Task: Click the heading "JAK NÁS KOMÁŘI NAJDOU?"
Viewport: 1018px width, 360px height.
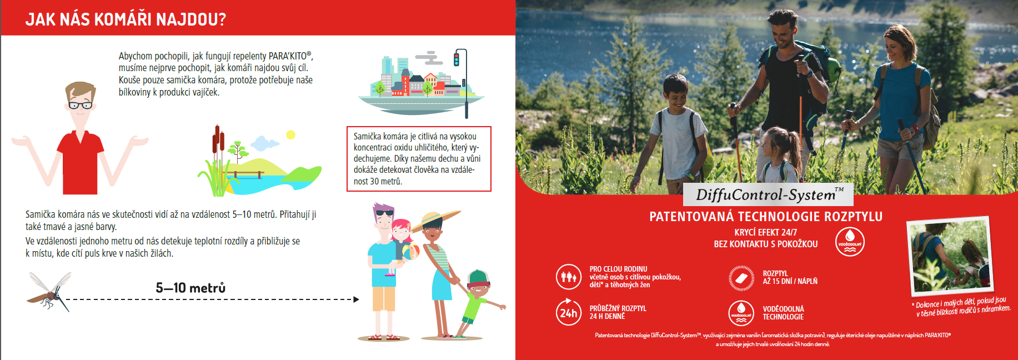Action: pos(126,19)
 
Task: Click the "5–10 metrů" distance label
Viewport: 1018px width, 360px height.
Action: pos(190,288)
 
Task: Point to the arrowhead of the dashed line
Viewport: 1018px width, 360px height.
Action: pos(356,299)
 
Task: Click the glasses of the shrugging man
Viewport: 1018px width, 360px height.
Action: pos(81,105)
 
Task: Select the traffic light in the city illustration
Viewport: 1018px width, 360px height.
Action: pos(457,58)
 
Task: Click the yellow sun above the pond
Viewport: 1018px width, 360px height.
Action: pos(290,134)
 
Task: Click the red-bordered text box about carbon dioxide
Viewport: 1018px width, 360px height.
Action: pos(419,159)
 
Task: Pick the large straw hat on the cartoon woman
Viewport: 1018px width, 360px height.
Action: pos(436,220)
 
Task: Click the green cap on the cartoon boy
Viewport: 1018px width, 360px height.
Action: pos(478,277)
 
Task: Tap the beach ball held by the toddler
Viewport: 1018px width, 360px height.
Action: pos(410,252)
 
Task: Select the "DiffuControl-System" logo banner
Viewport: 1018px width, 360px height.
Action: pos(768,194)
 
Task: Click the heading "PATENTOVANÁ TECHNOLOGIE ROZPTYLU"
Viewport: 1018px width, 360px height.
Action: pos(766,217)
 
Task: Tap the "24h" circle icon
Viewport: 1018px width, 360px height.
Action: pos(569,312)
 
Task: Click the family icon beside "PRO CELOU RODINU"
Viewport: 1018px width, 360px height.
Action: pos(569,277)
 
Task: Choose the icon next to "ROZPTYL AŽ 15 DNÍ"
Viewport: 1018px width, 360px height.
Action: pos(741,277)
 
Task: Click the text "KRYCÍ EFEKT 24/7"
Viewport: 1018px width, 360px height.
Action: pos(766,232)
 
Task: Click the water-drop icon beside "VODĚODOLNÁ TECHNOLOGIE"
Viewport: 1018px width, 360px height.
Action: pos(741,312)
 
